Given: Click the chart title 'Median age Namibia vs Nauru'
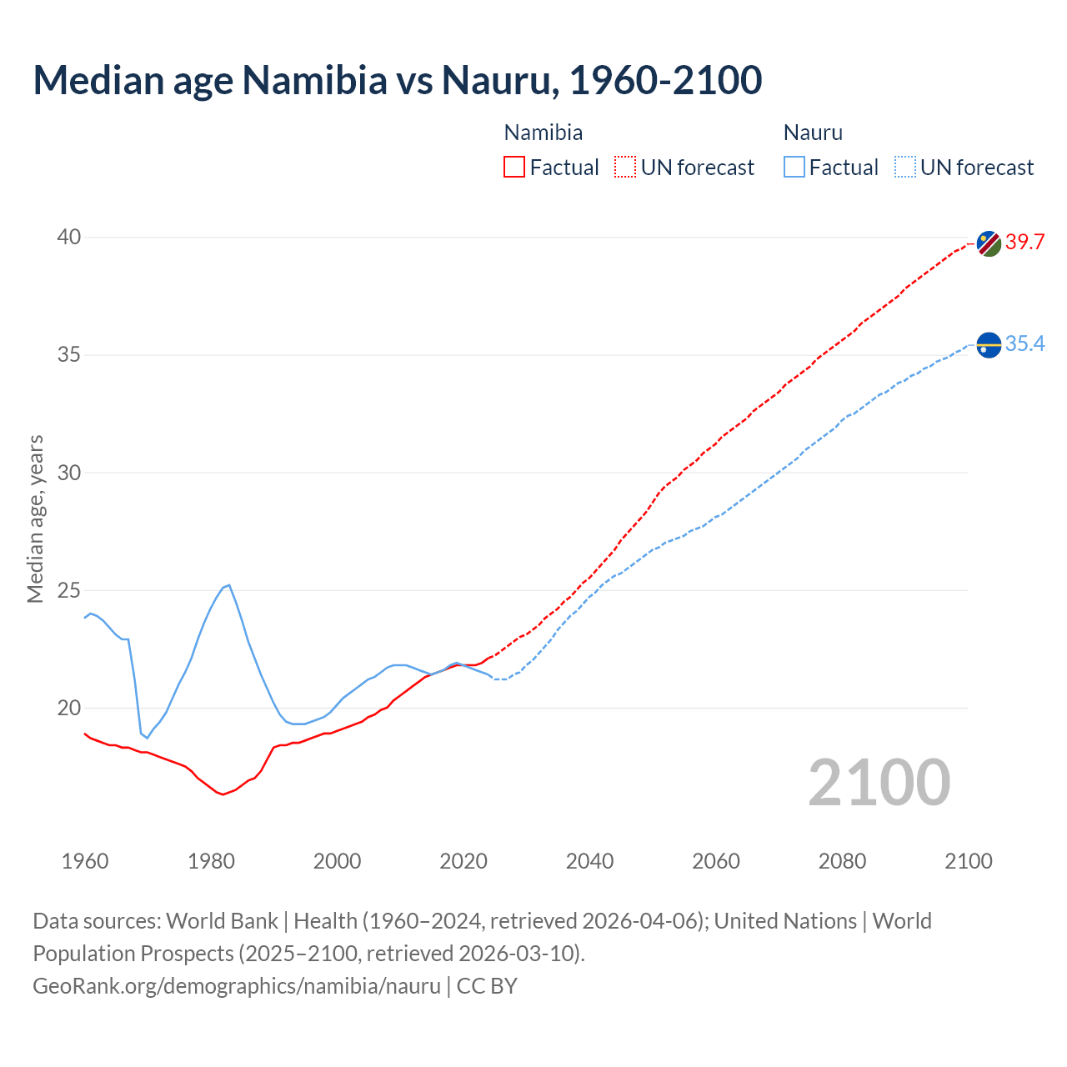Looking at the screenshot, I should [397, 80].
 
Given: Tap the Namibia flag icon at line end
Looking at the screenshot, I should [989, 243].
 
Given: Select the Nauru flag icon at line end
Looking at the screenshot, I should [989, 344].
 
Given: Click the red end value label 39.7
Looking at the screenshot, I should [1024, 243].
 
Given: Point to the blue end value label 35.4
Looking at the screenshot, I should [1024, 343].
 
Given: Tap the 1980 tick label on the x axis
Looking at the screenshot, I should [211, 861].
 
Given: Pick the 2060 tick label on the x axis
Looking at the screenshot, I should [715, 861].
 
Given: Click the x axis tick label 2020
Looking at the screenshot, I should [463, 861].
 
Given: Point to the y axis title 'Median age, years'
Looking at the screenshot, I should [35, 518].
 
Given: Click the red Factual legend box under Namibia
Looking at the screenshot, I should [514, 168].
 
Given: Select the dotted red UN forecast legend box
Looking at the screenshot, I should [625, 168].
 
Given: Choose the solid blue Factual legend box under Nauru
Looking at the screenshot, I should [794, 168].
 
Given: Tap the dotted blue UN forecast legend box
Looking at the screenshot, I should [904, 168].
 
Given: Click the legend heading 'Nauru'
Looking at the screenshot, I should [813, 133].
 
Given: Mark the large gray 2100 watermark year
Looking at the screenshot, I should [879, 783].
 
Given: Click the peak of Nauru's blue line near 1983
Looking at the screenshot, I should [228, 585].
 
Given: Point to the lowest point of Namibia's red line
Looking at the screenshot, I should [223, 794].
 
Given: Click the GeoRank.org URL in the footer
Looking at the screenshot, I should [237, 986].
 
